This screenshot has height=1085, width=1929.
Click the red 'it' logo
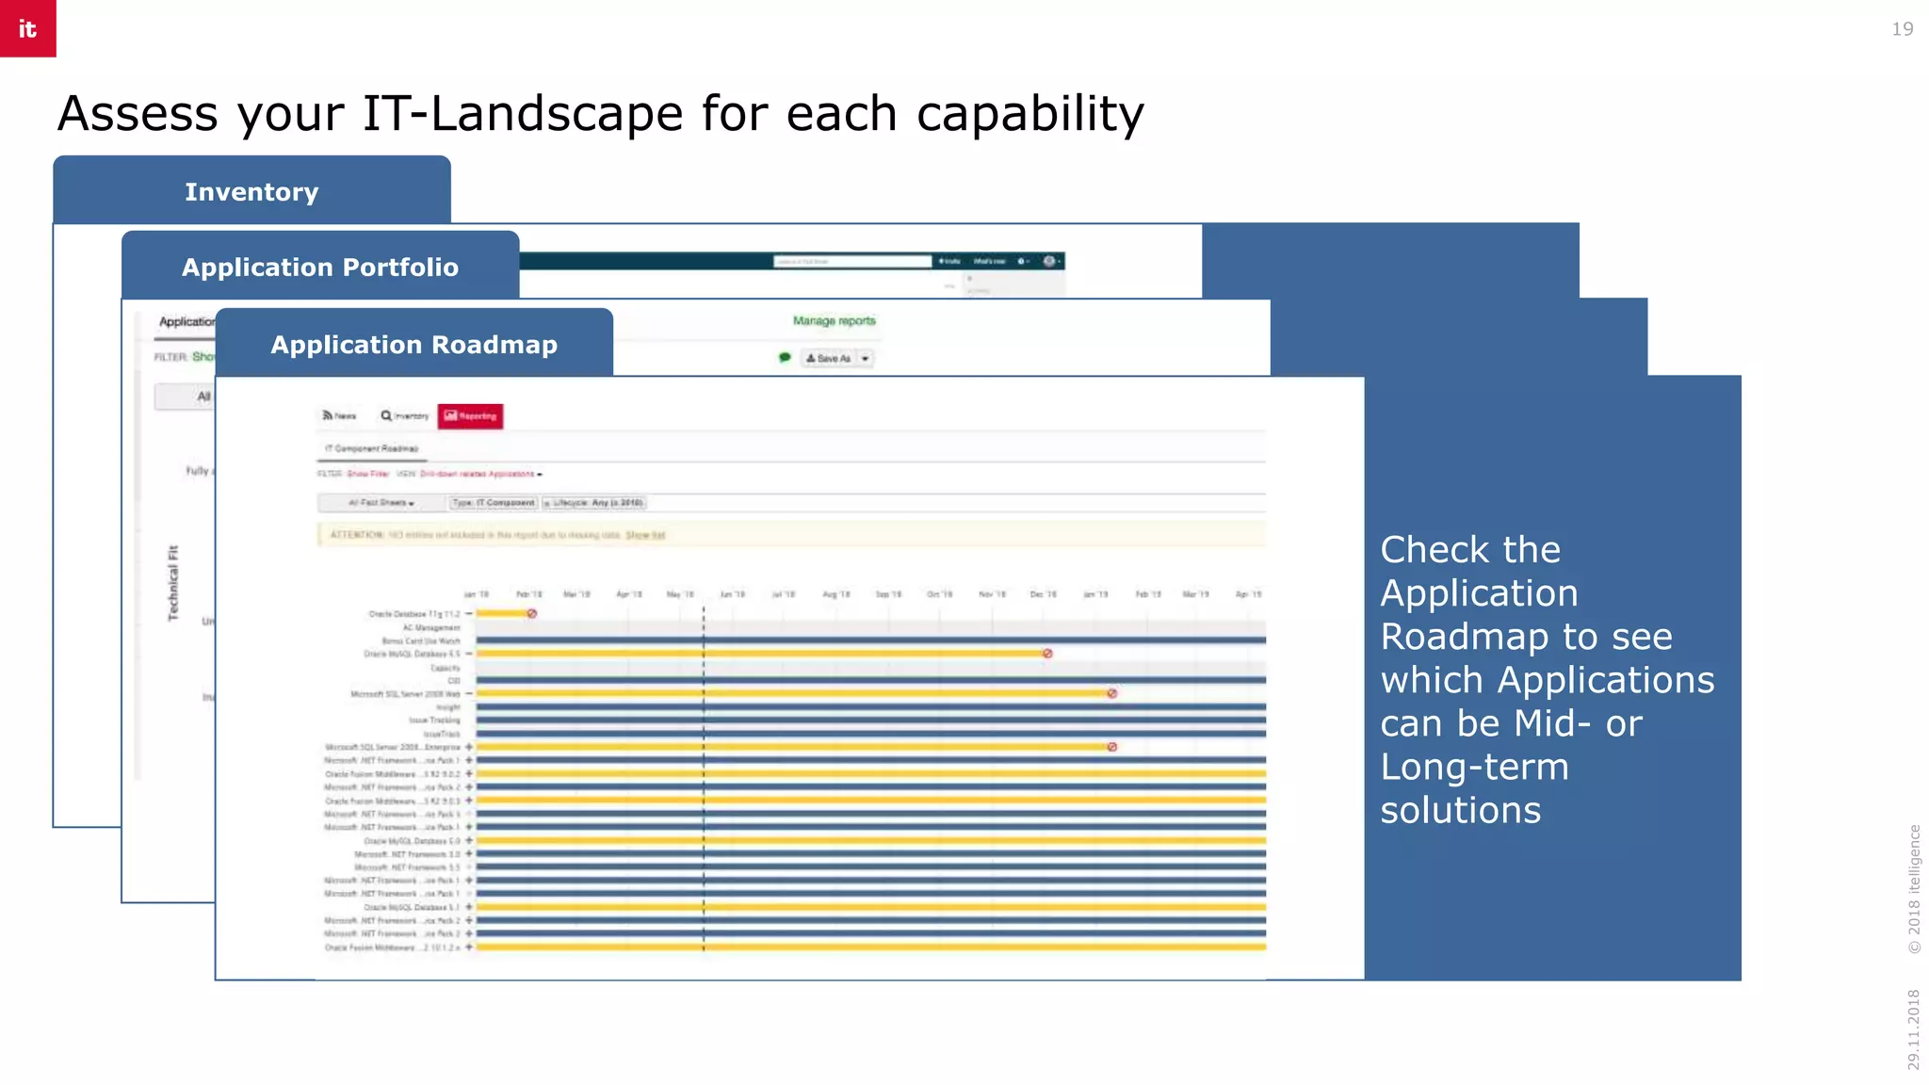coord(27,28)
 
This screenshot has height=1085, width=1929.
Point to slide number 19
coord(1902,29)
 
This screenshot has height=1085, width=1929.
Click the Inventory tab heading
coord(251,192)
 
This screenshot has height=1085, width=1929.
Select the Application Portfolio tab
coord(320,267)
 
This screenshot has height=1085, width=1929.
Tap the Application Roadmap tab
coord(413,345)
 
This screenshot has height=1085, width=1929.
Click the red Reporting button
coord(470,416)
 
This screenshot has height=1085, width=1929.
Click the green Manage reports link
coord(834,321)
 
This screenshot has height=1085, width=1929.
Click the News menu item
coord(339,415)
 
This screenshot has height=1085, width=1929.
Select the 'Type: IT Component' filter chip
coord(494,503)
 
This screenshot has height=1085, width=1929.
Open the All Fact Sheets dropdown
coord(381,503)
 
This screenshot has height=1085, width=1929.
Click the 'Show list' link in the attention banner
coord(645,535)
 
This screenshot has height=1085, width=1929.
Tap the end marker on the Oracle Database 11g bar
coord(531,614)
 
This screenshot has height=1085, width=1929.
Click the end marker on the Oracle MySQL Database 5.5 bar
coord(1046,654)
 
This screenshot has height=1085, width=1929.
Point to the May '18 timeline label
coord(680,594)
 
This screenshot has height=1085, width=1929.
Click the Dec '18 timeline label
coord(1043,594)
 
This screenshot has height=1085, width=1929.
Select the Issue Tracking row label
coord(434,721)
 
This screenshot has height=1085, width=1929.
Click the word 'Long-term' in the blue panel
coord(1474,767)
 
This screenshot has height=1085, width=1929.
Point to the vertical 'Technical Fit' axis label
coord(173,583)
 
